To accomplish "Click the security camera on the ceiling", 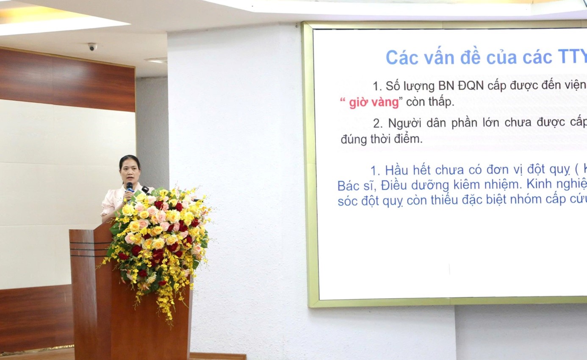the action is (92, 47).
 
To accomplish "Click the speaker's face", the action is (130, 174).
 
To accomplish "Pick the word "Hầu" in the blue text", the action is (396, 171).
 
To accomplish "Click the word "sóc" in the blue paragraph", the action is (347, 202).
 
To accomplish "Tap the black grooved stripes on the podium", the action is (90, 249).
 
